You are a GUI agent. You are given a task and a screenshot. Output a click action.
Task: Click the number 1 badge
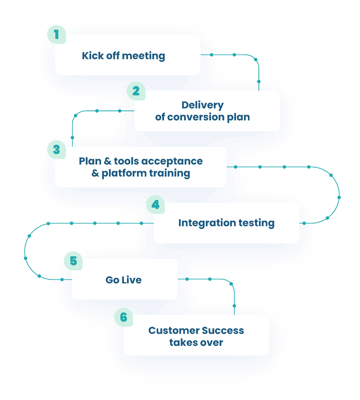pyautogui.click(x=56, y=35)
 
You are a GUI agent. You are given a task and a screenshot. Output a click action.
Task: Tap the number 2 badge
pyautogui.click(x=136, y=91)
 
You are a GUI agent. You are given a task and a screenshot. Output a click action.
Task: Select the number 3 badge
pyautogui.click(x=56, y=149)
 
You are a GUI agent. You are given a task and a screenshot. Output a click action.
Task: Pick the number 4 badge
pyautogui.click(x=155, y=205)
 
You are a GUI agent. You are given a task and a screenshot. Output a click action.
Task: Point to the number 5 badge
pyautogui.click(x=73, y=261)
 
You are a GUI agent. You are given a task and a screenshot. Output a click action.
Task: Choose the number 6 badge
pyautogui.click(x=123, y=317)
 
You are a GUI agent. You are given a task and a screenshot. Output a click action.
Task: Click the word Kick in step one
pyautogui.click(x=93, y=55)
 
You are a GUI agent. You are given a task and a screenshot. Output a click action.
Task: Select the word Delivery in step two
pyautogui.click(x=202, y=105)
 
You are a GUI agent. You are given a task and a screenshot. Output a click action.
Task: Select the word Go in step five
pyautogui.click(x=112, y=280)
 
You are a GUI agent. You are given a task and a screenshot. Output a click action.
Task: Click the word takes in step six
pyautogui.click(x=182, y=342)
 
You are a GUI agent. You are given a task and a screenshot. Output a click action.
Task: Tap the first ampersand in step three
pyautogui.click(x=108, y=161)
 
